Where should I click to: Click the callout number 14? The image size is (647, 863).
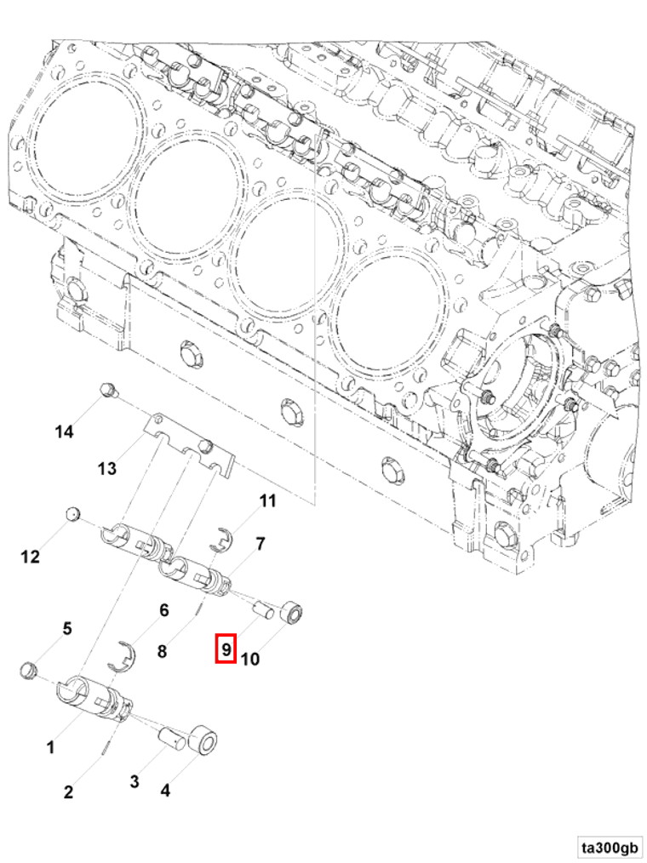(65, 431)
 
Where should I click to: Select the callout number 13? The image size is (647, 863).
(106, 468)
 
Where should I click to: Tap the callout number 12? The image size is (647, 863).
(31, 557)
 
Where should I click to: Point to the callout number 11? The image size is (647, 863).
(268, 501)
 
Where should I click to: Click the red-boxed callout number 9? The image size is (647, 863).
(226, 650)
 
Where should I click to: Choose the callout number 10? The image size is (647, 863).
(250, 658)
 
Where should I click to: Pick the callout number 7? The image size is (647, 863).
(261, 543)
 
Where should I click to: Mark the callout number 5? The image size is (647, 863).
(66, 629)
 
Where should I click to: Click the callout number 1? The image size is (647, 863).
(50, 748)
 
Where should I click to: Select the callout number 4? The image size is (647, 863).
(165, 791)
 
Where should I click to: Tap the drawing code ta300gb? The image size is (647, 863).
(609, 848)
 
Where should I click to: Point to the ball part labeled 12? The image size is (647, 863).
(73, 513)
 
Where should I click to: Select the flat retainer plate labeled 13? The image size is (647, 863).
(191, 446)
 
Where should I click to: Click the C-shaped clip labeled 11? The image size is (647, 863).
(221, 540)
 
